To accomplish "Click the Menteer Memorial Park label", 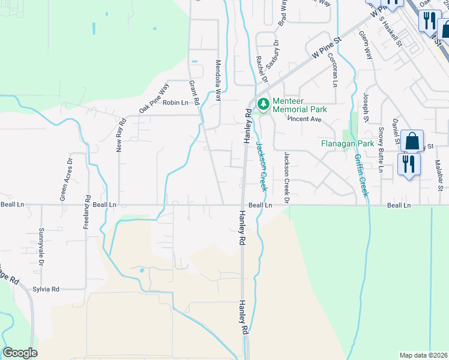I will pyautogui.click(x=300, y=106).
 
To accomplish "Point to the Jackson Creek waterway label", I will pyautogui.click(x=261, y=165).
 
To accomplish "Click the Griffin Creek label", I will pyautogui.click(x=361, y=173).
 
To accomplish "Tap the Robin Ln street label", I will pyautogui.click(x=175, y=103).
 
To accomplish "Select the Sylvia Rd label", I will pyautogui.click(x=46, y=289).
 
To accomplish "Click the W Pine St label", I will pyautogui.click(x=325, y=47).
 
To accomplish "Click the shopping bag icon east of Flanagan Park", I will pyautogui.click(x=412, y=142).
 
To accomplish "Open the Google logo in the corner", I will pyautogui.click(x=20, y=353).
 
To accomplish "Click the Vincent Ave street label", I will pyautogui.click(x=305, y=119).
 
